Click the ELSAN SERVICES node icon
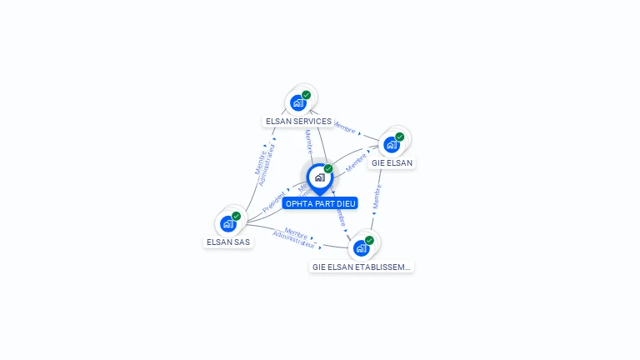tap(298, 103)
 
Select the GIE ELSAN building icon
tap(391, 144)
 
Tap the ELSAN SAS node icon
tap(228, 223)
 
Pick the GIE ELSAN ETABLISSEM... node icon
tap(361, 247)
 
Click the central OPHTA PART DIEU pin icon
tap(319, 177)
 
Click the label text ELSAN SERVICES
tap(298, 122)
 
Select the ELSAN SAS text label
tap(228, 242)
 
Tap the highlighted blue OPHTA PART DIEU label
tap(320, 203)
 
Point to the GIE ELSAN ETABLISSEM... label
tap(362, 267)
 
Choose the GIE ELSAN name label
tap(392, 162)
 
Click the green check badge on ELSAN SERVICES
tap(307, 95)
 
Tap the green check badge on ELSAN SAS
tap(237, 216)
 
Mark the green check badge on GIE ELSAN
tap(399, 137)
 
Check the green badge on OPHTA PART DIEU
tap(328, 169)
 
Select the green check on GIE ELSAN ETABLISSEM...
tap(369, 240)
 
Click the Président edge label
tap(274, 202)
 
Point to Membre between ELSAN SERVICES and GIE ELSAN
tap(344, 128)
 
